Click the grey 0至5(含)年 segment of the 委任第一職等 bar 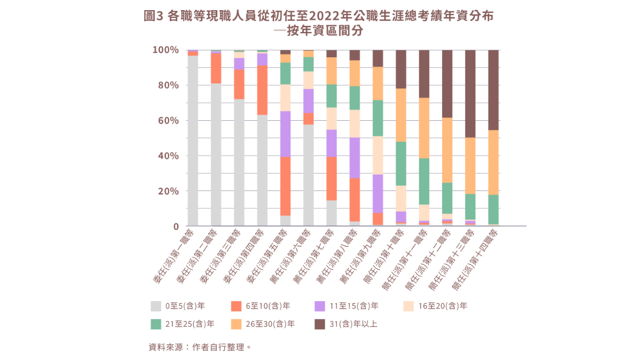(193, 140)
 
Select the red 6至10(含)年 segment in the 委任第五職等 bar (285, 186)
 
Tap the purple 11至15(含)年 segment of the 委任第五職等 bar (285, 134)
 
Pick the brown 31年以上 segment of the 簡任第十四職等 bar (493, 90)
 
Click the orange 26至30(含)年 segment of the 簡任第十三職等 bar (470, 166)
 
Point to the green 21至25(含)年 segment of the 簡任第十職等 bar (400, 163)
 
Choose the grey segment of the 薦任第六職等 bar (308, 175)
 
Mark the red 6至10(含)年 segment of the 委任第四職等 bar (262, 90)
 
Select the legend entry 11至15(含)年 (354, 306)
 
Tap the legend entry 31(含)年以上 (353, 324)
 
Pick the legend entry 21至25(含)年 (189, 324)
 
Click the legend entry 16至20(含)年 (443, 306)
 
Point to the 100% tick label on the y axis (166, 50)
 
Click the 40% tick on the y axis (168, 156)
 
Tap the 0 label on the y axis (175, 226)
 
